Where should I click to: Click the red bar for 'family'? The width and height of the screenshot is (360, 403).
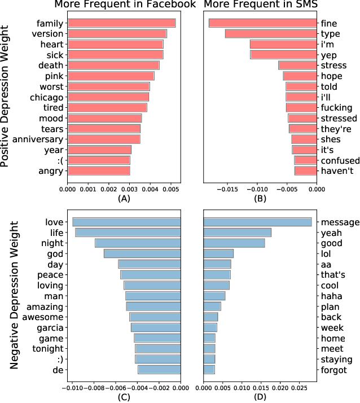click(x=121, y=23)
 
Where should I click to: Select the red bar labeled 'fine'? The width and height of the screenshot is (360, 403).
click(x=262, y=23)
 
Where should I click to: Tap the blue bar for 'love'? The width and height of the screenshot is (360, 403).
click(x=126, y=222)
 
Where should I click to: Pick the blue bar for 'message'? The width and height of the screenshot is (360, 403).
click(x=257, y=222)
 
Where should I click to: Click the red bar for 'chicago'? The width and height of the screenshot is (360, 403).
click(x=108, y=97)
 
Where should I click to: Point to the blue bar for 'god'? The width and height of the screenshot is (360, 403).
click(x=142, y=253)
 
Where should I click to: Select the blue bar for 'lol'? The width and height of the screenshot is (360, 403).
click(x=218, y=253)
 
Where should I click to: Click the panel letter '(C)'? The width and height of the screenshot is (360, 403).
click(x=124, y=397)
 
